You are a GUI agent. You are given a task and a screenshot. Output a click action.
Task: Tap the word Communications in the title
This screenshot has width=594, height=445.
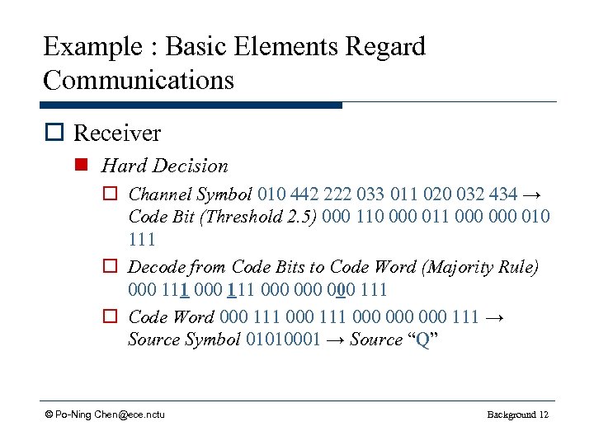pyautogui.click(x=139, y=80)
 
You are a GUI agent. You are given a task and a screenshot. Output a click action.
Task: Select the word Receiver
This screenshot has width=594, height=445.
pyautogui.click(x=117, y=133)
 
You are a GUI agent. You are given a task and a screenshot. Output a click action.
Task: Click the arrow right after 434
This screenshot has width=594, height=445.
pyautogui.click(x=532, y=194)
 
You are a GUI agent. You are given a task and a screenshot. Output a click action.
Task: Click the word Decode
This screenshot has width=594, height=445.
pyautogui.click(x=156, y=267)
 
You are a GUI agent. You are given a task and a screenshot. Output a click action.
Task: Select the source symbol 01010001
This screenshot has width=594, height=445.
pyautogui.click(x=283, y=339)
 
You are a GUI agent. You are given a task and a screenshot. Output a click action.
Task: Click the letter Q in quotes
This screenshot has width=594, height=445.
pyautogui.click(x=422, y=339)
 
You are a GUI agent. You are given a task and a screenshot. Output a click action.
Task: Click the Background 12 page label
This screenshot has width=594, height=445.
pyautogui.click(x=517, y=414)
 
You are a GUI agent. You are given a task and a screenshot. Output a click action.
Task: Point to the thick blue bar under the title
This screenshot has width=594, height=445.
pyautogui.click(x=191, y=105)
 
